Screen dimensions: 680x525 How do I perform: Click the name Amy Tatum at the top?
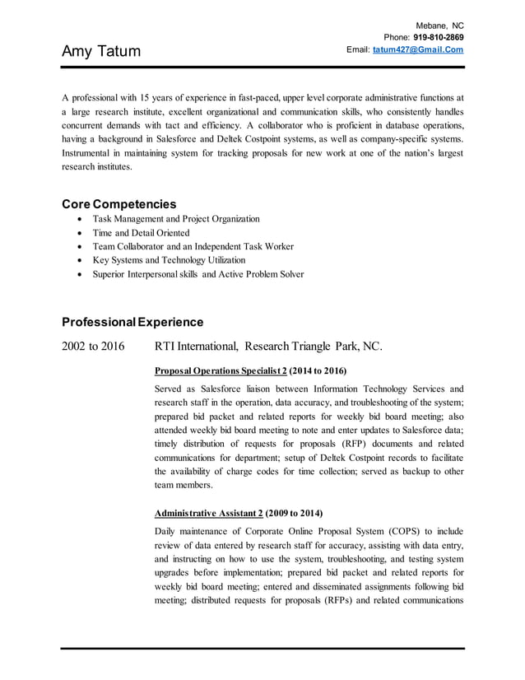tap(101, 52)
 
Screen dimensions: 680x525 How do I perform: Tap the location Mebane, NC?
tap(439, 26)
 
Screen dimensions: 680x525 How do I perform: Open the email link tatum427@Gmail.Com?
tap(417, 49)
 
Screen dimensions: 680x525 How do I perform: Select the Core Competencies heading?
tap(118, 203)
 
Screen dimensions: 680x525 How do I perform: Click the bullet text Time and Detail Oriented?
tap(141, 233)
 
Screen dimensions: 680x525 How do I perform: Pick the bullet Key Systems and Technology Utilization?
tap(169, 260)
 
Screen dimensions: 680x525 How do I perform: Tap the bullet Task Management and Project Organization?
tap(176, 219)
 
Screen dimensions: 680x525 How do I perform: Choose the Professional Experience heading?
tap(132, 321)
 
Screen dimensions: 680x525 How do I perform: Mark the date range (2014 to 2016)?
tap(318, 370)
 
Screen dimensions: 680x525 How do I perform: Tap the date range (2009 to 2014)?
tap(294, 512)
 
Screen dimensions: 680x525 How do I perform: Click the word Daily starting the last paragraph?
tap(168, 530)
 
